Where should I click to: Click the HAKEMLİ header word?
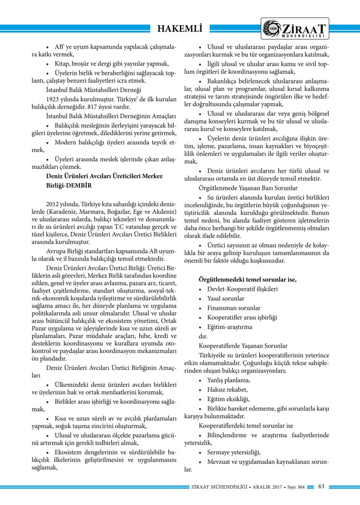pos(180,29)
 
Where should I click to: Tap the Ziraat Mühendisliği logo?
pos(294,29)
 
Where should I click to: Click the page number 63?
pos(321,487)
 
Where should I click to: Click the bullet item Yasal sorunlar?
pos(225,298)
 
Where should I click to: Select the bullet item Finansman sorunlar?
pos(233,308)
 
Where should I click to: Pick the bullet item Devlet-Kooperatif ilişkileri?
pos(242,289)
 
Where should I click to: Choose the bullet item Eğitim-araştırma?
pos(230,327)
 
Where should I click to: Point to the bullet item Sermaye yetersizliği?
pos(234,452)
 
